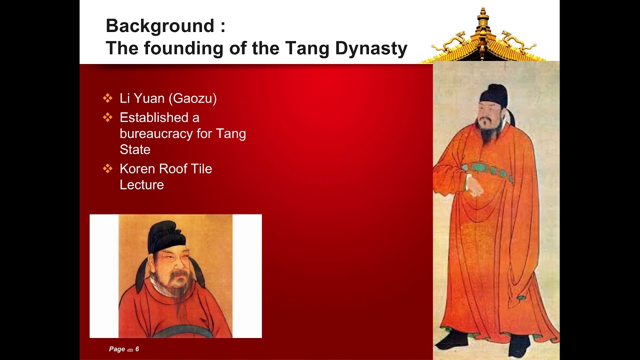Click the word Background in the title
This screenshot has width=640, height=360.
pos(159,25)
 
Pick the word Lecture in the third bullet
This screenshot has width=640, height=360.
pos(141,185)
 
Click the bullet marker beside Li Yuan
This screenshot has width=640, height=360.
pos(107,98)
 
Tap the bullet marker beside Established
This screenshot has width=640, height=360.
pos(107,117)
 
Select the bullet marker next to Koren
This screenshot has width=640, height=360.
pos(107,169)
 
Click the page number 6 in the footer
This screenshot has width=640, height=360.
pos(137,349)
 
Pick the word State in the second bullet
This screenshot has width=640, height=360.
pos(135,149)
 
